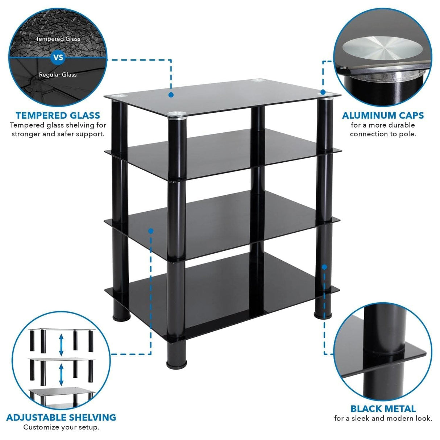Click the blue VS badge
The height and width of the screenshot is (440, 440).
(58, 57)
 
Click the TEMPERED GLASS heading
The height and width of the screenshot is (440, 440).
(58, 116)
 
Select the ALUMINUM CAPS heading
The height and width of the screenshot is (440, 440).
(383, 116)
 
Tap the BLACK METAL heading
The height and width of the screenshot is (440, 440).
(383, 409)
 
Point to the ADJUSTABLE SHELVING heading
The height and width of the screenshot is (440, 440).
(61, 418)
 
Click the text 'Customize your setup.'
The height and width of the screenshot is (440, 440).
(61, 427)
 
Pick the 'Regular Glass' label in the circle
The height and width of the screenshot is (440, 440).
(58, 75)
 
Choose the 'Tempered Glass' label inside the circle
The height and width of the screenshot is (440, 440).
(58, 39)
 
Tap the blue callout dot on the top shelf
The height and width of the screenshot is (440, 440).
(171, 95)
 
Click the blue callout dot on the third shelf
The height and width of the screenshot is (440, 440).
(151, 231)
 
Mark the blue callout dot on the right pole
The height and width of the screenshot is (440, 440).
(324, 267)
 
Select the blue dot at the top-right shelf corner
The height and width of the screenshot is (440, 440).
(323, 92)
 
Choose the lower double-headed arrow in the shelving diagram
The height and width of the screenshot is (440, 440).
(61, 374)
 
